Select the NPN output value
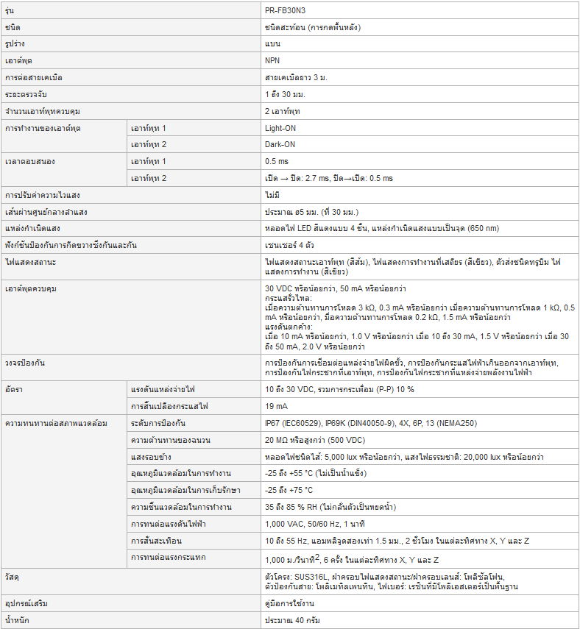272,60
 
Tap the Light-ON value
280,128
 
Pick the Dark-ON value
280,144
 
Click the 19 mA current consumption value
277,405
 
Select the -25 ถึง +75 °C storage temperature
300,490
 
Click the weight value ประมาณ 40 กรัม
293,620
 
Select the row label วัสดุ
12,575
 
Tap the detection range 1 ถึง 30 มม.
285,94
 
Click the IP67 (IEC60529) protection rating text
292,423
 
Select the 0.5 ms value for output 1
277,161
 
